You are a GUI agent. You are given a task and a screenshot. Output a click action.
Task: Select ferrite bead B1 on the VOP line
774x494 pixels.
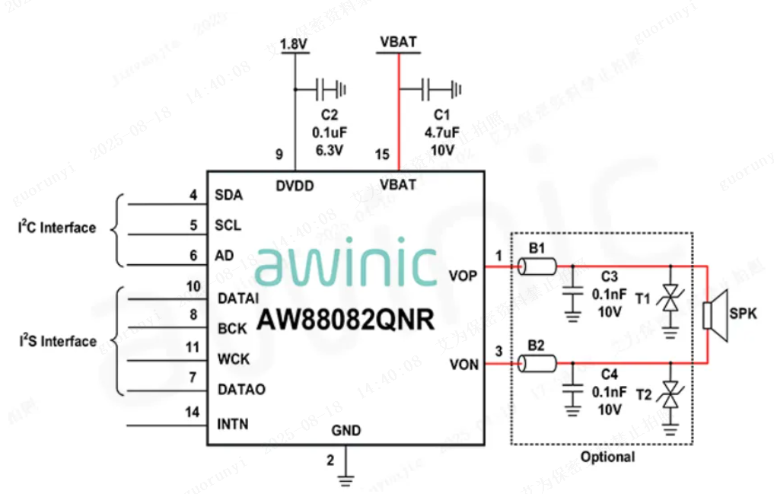(x=537, y=266)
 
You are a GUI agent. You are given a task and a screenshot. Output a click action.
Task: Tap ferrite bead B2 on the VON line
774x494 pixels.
(x=537, y=365)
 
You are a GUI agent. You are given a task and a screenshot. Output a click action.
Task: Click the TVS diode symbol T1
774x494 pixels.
(x=670, y=298)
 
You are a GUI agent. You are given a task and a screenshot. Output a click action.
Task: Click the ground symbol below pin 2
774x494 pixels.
(x=346, y=480)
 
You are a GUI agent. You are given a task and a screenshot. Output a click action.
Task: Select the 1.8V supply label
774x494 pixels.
(x=293, y=44)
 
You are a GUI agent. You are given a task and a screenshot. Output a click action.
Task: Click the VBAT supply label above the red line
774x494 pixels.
(x=398, y=42)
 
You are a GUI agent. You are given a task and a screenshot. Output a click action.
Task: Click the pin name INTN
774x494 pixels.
(x=233, y=424)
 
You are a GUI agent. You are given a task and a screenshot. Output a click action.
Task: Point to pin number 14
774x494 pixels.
(x=193, y=413)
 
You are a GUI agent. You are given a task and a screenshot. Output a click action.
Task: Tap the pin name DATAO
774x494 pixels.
(x=241, y=390)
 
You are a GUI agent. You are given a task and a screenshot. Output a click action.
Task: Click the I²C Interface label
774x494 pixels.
(x=58, y=228)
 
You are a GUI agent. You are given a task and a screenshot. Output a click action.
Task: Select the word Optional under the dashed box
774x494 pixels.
(x=607, y=457)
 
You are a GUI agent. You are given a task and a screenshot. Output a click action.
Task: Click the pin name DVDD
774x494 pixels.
(x=295, y=185)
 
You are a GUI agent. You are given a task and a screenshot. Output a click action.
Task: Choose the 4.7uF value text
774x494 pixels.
(x=442, y=132)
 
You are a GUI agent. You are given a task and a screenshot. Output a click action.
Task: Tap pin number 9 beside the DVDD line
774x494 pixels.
(x=279, y=155)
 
